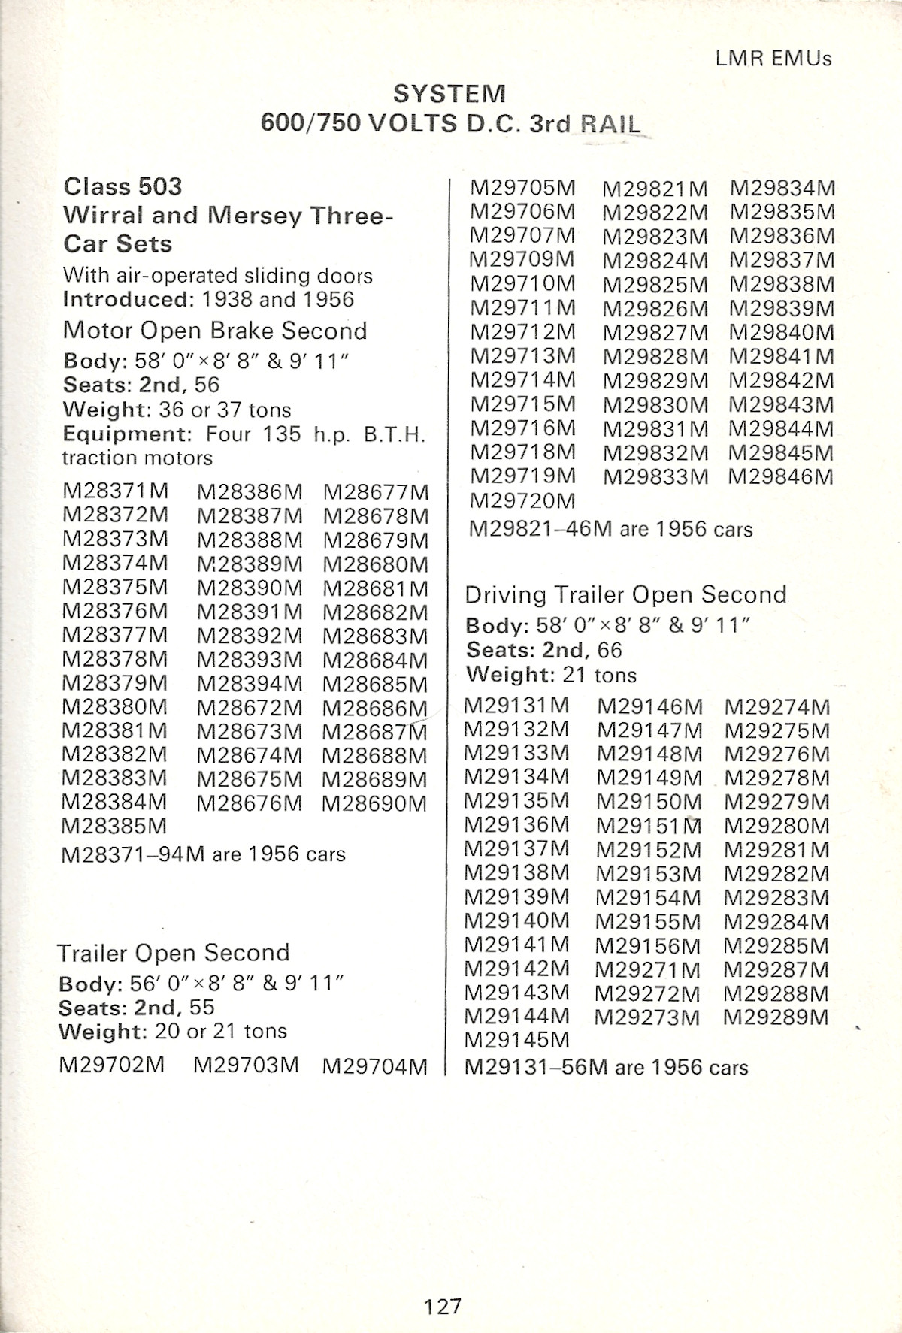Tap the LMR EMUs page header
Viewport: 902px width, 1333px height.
pyautogui.click(x=773, y=59)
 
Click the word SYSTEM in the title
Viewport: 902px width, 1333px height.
pyautogui.click(x=449, y=94)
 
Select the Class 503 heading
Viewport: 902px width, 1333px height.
pyautogui.click(x=123, y=186)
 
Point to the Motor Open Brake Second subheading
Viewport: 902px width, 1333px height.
pyautogui.click(x=215, y=331)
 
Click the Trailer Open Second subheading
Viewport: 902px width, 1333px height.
pyautogui.click(x=174, y=953)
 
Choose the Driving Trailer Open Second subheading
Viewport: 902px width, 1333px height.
pyautogui.click(x=625, y=595)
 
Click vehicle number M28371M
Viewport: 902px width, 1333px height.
pyautogui.click(x=116, y=492)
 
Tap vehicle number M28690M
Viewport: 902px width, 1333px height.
pyautogui.click(x=374, y=803)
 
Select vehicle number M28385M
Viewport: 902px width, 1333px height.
pyautogui.click(x=114, y=826)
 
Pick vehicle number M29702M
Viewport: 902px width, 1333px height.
pyautogui.click(x=111, y=1065)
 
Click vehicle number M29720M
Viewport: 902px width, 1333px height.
pyautogui.click(x=522, y=500)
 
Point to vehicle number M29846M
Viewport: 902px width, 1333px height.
pyautogui.click(x=781, y=476)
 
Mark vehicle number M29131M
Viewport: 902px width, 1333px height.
pyautogui.click(x=517, y=706)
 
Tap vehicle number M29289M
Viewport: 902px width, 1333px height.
pyautogui.click(x=776, y=1017)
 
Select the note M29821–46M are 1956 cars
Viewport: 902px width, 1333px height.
pyautogui.click(x=610, y=530)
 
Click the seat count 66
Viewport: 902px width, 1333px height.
pyautogui.click(x=610, y=650)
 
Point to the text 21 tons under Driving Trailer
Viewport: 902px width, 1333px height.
pyautogui.click(x=599, y=675)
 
